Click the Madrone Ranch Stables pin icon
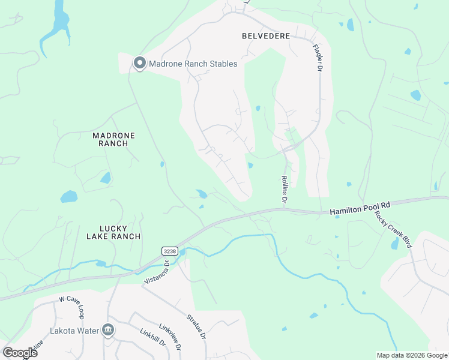[x=140, y=63]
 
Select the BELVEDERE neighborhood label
[x=266, y=36]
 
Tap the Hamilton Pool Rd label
[x=360, y=208]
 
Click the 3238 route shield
[x=170, y=250]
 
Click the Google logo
[x=19, y=353]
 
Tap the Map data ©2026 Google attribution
[x=411, y=355]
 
